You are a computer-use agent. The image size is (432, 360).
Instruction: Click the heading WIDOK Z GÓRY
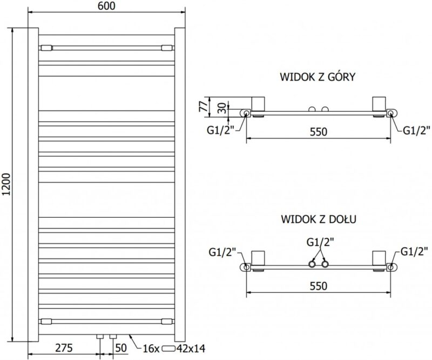(x=317, y=77)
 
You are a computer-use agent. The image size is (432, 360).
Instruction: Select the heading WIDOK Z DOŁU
(x=317, y=219)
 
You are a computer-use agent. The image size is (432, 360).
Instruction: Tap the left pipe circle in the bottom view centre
(x=312, y=264)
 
